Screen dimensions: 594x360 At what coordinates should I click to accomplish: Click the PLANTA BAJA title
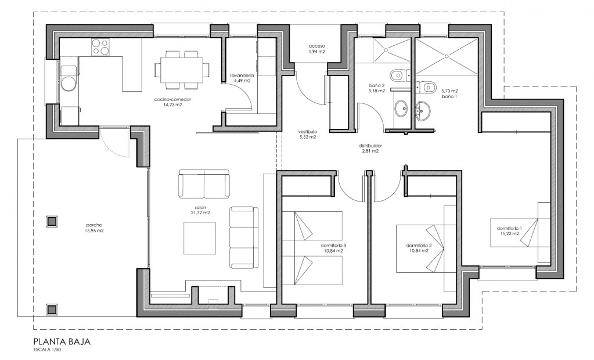point(62,341)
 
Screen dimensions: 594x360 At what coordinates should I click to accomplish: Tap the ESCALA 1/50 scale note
point(47,350)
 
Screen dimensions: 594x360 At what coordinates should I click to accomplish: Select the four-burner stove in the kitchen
point(100,48)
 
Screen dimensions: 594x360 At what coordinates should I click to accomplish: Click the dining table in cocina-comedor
point(182,69)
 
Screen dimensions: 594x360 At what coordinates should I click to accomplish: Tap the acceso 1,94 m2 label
point(316,49)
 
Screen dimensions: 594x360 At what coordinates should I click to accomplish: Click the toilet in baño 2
point(398,75)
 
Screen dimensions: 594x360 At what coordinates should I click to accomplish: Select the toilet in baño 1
point(426,88)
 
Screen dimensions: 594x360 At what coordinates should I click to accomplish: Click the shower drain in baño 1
point(447,56)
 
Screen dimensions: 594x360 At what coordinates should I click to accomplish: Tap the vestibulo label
point(307,134)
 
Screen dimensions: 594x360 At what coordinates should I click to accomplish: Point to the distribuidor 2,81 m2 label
point(370,148)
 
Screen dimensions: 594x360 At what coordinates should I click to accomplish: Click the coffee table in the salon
point(200,238)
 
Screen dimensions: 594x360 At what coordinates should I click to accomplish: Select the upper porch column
point(52,221)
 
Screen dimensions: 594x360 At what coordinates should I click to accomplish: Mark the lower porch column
point(52,309)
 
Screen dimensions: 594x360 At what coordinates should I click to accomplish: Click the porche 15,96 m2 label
point(94,228)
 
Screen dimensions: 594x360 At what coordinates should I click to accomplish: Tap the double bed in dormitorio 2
point(426,248)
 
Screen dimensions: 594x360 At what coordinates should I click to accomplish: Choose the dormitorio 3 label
point(333,245)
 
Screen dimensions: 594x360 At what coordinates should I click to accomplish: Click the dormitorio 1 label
point(510,228)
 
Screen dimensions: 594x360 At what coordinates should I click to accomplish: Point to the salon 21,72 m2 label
point(200,210)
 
